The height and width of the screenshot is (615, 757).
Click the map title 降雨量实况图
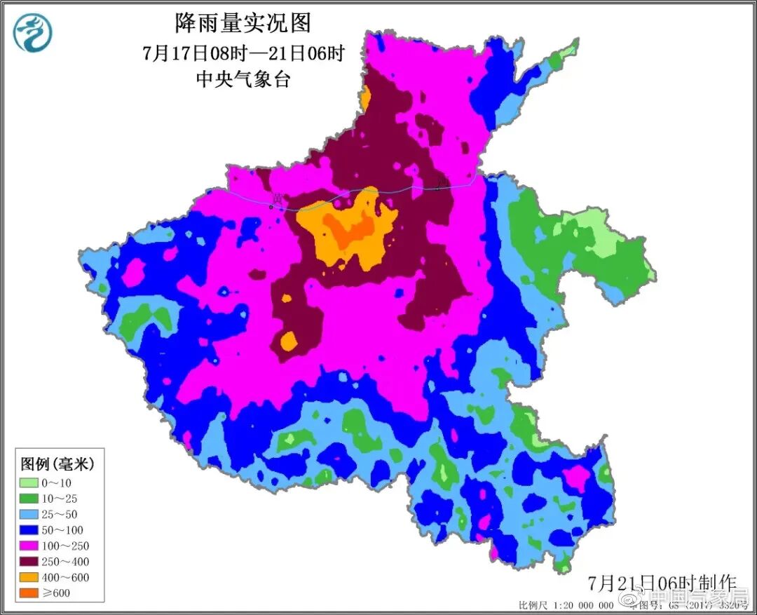coord(243,23)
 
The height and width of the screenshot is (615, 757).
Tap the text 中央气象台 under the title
coord(243,79)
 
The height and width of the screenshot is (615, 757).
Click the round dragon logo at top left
coord(33,32)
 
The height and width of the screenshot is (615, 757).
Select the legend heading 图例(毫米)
coord(57,464)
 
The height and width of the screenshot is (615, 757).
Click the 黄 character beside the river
coord(278,199)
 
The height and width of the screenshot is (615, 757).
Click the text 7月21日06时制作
coord(662,583)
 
